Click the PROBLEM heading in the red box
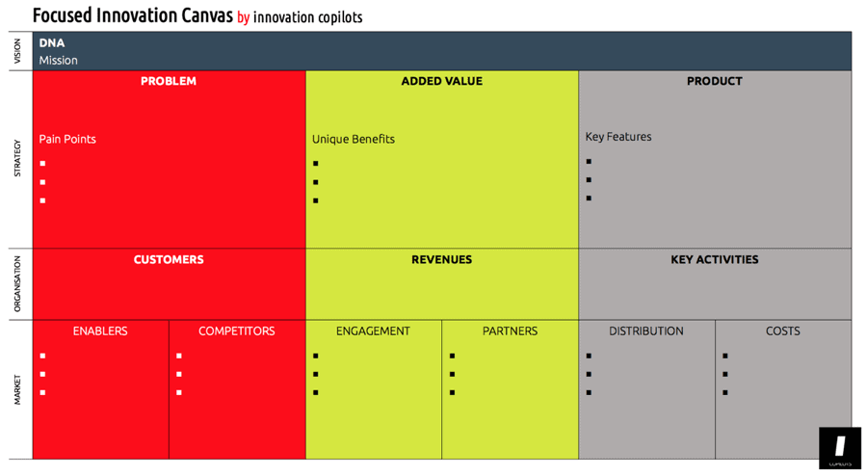click(x=169, y=82)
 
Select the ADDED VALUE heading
click(x=441, y=82)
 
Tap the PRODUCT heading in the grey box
click(x=714, y=82)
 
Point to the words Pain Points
click(x=67, y=139)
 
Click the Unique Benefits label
click(x=353, y=139)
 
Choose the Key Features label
click(x=618, y=137)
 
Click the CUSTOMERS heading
click(x=169, y=260)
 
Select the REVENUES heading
click(x=441, y=260)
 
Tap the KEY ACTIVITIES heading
click(x=714, y=260)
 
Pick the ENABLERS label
click(x=100, y=331)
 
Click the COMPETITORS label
click(x=236, y=331)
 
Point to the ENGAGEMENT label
click(x=373, y=331)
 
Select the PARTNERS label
click(x=510, y=331)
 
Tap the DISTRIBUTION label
click(x=645, y=331)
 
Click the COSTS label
click(x=782, y=331)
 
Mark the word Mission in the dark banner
click(x=59, y=61)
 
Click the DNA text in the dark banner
click(x=52, y=43)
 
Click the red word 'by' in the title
click(x=243, y=17)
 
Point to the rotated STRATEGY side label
click(x=16, y=159)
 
